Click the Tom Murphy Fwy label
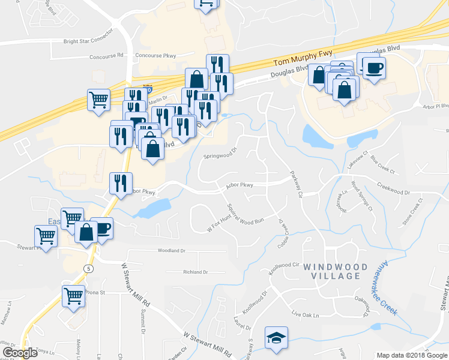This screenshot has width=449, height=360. (x=303, y=58)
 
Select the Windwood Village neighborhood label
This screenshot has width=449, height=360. (x=331, y=271)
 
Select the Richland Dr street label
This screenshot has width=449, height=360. (x=196, y=272)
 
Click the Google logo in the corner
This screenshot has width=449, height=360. (x=20, y=353)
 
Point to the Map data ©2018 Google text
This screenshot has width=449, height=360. (x=412, y=355)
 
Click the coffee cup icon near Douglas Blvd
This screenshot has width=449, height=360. (x=373, y=67)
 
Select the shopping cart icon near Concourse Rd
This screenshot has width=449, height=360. (x=99, y=100)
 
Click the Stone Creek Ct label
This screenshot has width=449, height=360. (x=412, y=217)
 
